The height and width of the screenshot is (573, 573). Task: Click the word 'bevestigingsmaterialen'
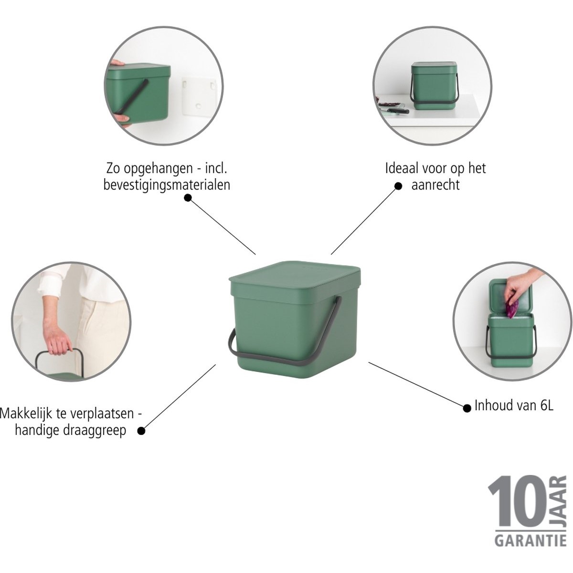pyautogui.click(x=167, y=185)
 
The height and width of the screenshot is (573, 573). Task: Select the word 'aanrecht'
pyautogui.click(x=435, y=185)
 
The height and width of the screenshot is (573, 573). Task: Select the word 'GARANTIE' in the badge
pyautogui.click(x=528, y=541)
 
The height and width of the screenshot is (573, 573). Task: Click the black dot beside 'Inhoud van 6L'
pyautogui.click(x=467, y=408)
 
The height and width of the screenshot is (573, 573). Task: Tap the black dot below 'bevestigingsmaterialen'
pyautogui.click(x=188, y=198)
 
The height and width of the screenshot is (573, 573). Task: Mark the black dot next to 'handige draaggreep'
pyautogui.click(x=141, y=430)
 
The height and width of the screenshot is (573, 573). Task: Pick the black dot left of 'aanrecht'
pyautogui.click(x=398, y=186)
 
